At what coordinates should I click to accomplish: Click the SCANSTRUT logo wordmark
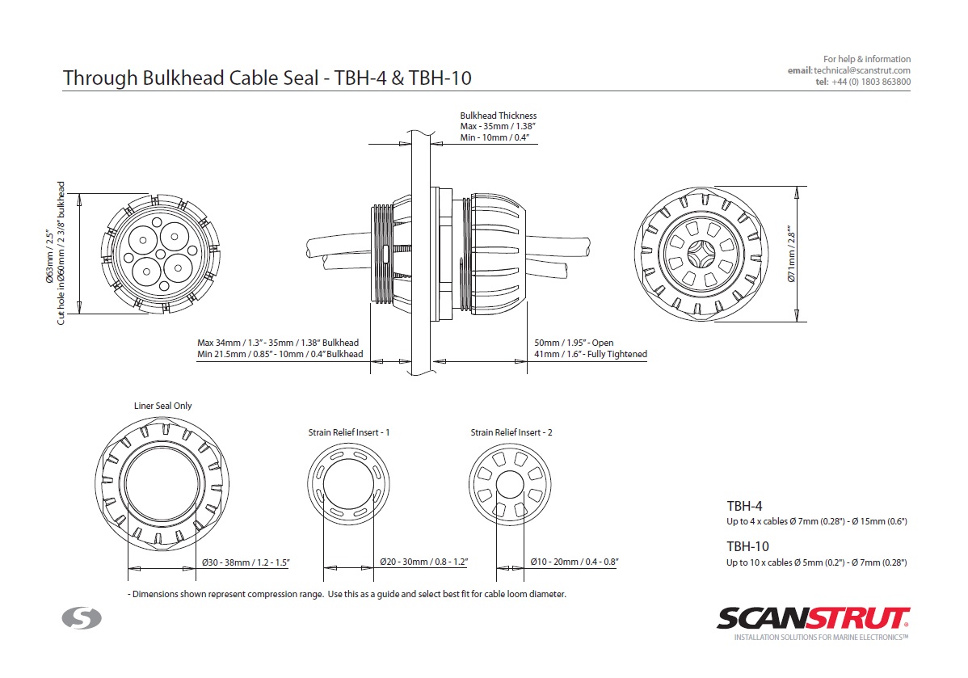tap(813, 618)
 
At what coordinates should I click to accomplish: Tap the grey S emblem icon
tap(82, 618)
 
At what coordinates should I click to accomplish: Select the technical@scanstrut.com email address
tap(862, 70)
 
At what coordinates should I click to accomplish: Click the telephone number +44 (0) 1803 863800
tap(870, 82)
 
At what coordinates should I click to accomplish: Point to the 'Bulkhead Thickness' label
tap(499, 116)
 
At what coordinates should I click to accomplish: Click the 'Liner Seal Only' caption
tap(163, 406)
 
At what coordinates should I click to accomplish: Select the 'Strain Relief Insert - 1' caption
tap(349, 432)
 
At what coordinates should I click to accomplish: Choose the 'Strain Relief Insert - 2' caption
tap(511, 432)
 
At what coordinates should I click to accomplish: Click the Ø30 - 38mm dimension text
tap(246, 562)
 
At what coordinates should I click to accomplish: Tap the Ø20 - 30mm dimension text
tap(423, 562)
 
